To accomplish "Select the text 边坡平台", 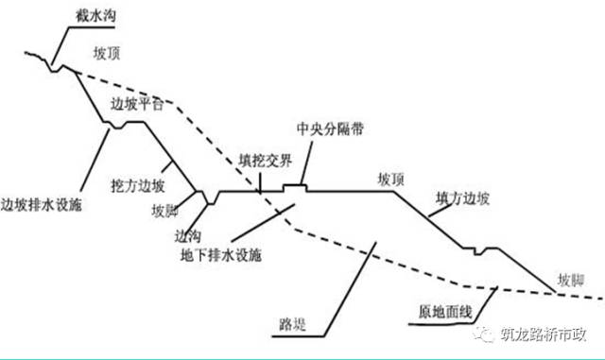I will coord(138,105).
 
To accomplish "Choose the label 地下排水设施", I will coord(221,255).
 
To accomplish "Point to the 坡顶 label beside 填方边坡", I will coord(389,179).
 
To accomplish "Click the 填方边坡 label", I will coord(463,198).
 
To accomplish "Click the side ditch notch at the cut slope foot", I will coord(209,197).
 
